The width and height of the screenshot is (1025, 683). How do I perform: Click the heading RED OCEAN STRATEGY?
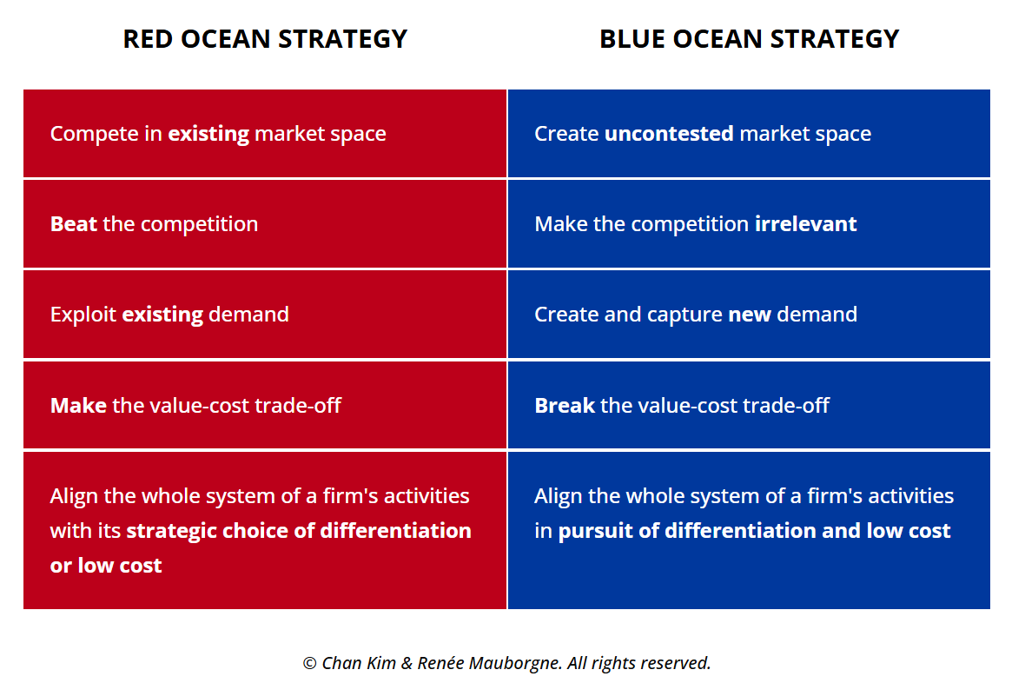265,39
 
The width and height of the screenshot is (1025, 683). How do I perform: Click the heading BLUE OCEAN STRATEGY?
749,39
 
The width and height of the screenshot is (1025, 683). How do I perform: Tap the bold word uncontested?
668,134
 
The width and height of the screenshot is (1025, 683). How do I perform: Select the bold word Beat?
74,224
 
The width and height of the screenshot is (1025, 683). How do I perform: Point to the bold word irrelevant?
805,224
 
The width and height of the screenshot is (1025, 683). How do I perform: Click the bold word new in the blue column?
750,315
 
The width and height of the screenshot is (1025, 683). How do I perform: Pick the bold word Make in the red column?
78,406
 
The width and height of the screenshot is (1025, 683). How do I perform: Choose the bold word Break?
565,406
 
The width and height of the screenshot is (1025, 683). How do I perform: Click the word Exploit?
83,315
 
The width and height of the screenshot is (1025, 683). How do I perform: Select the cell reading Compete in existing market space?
265,134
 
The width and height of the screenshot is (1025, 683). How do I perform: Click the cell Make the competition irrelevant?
749,224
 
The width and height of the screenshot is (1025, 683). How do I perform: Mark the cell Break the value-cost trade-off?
749,406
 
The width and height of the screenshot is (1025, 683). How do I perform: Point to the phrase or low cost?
106,566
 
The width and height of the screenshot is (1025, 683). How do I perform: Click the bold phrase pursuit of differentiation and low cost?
754,531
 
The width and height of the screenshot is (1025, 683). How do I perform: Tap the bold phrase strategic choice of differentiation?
299,531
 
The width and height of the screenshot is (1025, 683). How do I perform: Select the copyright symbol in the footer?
309,663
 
